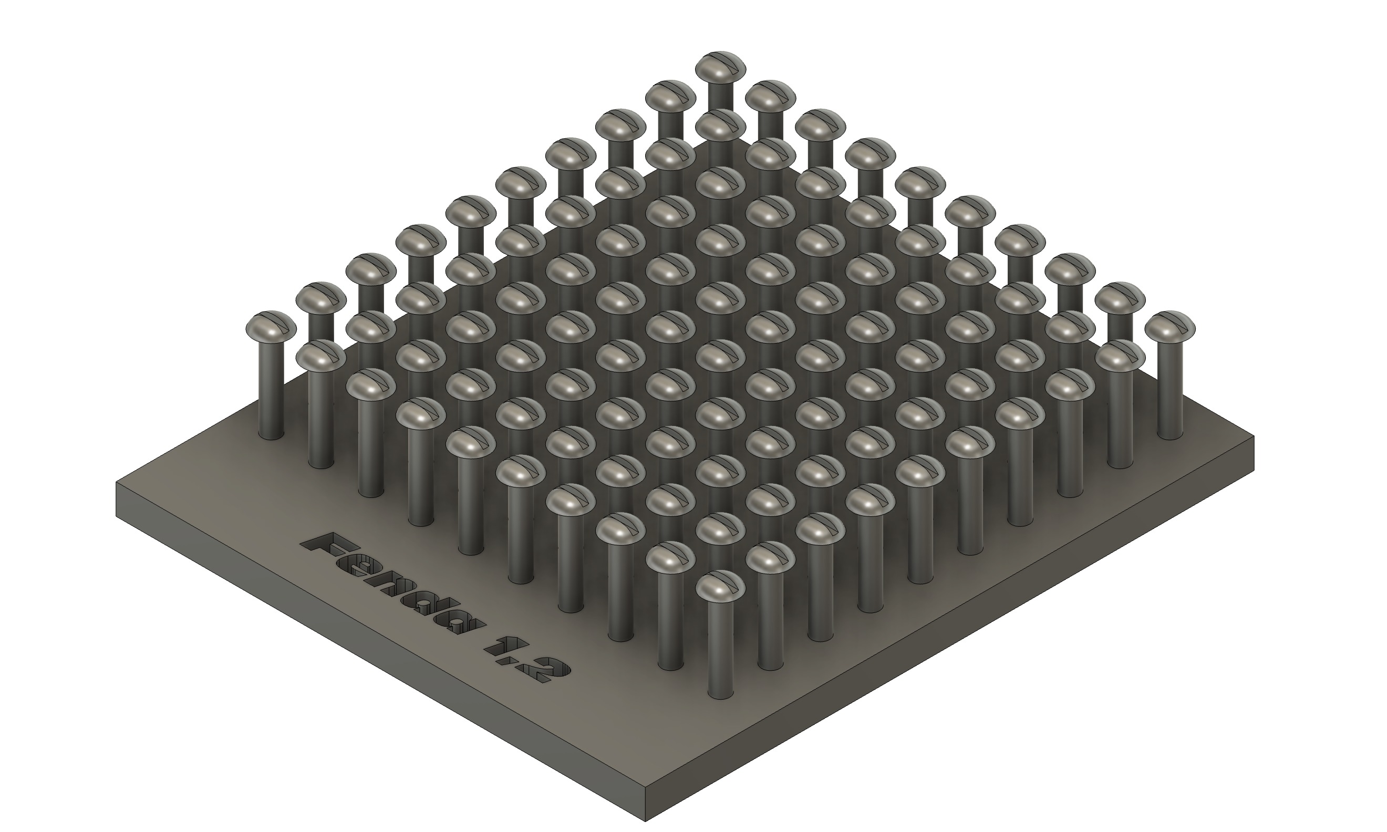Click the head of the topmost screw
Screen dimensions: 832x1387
pyautogui.click(x=720, y=65)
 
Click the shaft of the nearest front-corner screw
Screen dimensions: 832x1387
pyautogui.click(x=720, y=656)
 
